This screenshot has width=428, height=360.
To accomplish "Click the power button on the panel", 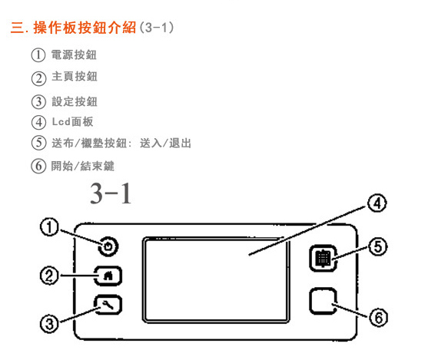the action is [x=108, y=246].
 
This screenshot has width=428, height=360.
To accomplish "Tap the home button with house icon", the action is [x=108, y=276].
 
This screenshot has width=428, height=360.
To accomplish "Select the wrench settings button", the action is [x=108, y=305].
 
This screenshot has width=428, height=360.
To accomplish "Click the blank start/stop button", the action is [x=323, y=301].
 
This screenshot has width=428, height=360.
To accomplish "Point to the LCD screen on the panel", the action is [x=216, y=280].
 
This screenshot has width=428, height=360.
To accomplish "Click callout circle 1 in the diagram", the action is [x=49, y=227].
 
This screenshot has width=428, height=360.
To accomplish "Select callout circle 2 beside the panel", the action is [x=49, y=276].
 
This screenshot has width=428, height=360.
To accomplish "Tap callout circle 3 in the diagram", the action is [x=49, y=324].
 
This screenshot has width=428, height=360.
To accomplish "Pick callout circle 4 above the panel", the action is [x=377, y=203].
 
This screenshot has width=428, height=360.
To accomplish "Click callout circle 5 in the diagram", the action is [x=378, y=246].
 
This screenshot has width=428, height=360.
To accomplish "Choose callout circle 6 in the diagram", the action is [x=379, y=318].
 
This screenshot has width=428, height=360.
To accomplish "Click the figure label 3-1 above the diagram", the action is [x=111, y=193].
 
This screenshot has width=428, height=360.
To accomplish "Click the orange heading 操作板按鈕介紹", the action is [x=85, y=28].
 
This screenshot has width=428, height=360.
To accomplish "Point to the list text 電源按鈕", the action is [x=74, y=54].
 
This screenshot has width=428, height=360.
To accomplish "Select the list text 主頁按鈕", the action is [x=75, y=76].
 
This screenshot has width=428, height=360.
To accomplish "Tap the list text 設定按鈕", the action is [x=75, y=101].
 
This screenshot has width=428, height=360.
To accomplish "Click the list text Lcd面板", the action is [x=72, y=121].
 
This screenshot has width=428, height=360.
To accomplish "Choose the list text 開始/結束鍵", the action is [x=83, y=166].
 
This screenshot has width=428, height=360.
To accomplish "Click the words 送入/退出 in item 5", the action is [x=165, y=144].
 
